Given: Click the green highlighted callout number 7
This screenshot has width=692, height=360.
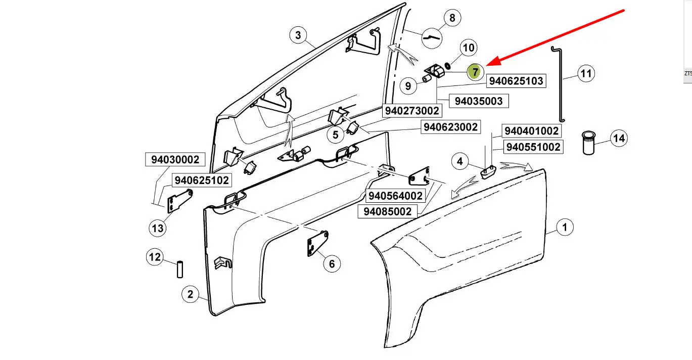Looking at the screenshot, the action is [x=475, y=72].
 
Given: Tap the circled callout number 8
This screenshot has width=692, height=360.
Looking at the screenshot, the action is [x=452, y=18].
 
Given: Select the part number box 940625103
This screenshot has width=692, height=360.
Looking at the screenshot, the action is [x=516, y=81].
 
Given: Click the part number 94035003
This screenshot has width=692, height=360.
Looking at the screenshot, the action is [x=479, y=101].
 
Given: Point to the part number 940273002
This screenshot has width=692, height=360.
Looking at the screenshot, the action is [x=412, y=111].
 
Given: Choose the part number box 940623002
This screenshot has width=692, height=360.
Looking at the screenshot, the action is [x=451, y=127].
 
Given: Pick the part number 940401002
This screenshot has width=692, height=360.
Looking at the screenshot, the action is [x=531, y=131].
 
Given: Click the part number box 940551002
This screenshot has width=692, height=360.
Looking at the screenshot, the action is [x=533, y=147].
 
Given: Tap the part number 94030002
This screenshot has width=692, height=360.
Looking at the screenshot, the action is [x=175, y=159].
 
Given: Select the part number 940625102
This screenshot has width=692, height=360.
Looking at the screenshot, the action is [x=202, y=180].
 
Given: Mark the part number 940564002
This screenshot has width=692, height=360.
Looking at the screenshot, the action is [x=395, y=196].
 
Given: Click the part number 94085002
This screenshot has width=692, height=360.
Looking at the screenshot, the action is [x=387, y=212].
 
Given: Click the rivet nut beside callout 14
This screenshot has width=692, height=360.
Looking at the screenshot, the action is [x=588, y=143].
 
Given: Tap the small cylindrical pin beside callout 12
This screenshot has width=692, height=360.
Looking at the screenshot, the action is [x=180, y=270].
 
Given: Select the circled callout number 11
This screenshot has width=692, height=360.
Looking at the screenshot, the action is [x=586, y=73].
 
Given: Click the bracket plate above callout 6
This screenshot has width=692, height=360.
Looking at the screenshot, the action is [x=317, y=243].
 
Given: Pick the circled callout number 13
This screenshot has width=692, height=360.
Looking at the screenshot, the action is [x=158, y=229].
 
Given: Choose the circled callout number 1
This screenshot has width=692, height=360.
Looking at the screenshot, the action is [x=565, y=227].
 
